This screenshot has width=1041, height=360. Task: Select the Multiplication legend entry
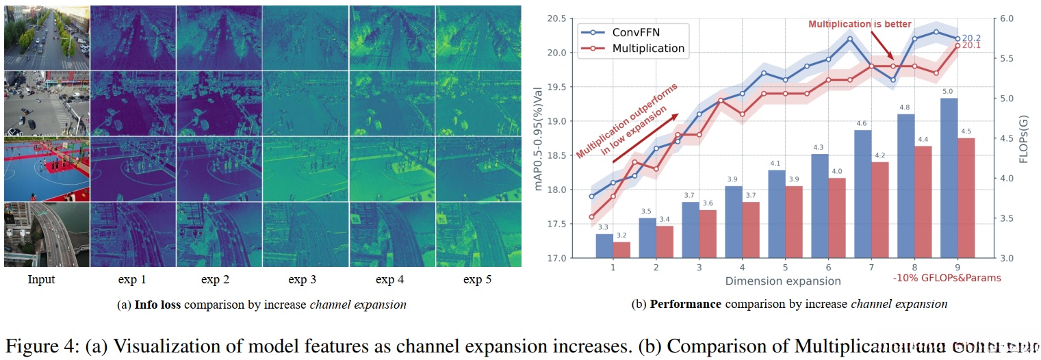(x=647, y=48)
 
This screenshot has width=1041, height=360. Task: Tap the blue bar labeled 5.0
(x=949, y=178)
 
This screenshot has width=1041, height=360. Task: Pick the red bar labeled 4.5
(x=966, y=198)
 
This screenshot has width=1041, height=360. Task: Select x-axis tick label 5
(x=784, y=268)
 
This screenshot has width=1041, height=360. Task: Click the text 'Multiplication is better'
(x=860, y=25)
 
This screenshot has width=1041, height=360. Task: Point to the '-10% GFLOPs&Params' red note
(x=947, y=278)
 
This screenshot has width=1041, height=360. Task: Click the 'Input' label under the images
(x=41, y=279)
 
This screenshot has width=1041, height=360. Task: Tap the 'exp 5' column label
(x=478, y=279)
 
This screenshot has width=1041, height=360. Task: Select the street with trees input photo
(x=47, y=38)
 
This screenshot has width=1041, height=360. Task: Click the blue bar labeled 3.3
(x=604, y=246)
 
